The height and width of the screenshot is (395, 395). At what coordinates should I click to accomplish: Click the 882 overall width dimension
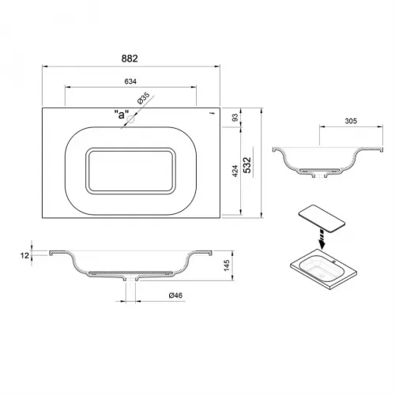tap(130, 58)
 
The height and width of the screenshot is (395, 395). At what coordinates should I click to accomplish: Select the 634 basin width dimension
tap(130, 81)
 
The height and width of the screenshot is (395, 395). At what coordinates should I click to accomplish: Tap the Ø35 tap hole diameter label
tap(143, 99)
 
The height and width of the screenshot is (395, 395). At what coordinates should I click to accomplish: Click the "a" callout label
tap(122, 115)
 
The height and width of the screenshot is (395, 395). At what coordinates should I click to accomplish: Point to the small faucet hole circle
tap(130, 119)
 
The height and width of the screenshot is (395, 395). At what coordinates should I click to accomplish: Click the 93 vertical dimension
tap(235, 117)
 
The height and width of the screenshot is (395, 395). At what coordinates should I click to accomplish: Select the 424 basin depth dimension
tap(235, 171)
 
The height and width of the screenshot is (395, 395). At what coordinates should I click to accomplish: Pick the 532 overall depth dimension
tap(247, 165)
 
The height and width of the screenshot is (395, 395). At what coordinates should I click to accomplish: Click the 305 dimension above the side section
tap(351, 121)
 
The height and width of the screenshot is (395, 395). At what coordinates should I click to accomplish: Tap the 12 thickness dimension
tap(24, 255)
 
